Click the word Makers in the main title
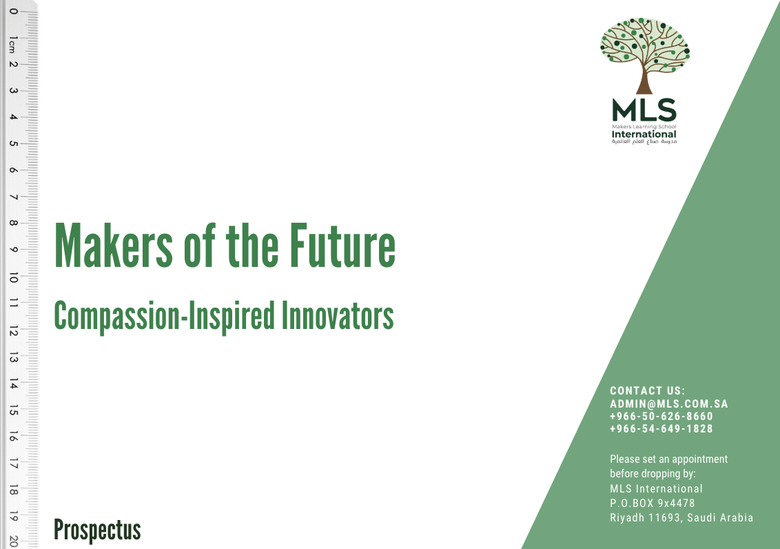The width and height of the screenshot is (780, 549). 114,246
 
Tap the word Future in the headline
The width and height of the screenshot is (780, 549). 342,246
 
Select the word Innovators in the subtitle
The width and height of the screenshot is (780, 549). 338,316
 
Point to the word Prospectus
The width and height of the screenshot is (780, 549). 98,530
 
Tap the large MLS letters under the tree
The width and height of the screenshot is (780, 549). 644,110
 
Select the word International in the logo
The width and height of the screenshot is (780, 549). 644,134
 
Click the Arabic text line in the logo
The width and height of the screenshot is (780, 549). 644,142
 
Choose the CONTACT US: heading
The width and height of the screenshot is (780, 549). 648,391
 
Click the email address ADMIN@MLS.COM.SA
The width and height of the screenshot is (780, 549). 669,403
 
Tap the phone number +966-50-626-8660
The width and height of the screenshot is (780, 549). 661,416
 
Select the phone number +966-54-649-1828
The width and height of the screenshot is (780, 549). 661,428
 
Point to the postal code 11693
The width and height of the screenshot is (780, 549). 665,518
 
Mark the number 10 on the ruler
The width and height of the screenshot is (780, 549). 13,278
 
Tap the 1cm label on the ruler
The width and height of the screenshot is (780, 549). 13,44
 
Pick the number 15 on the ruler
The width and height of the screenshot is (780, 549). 13,410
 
